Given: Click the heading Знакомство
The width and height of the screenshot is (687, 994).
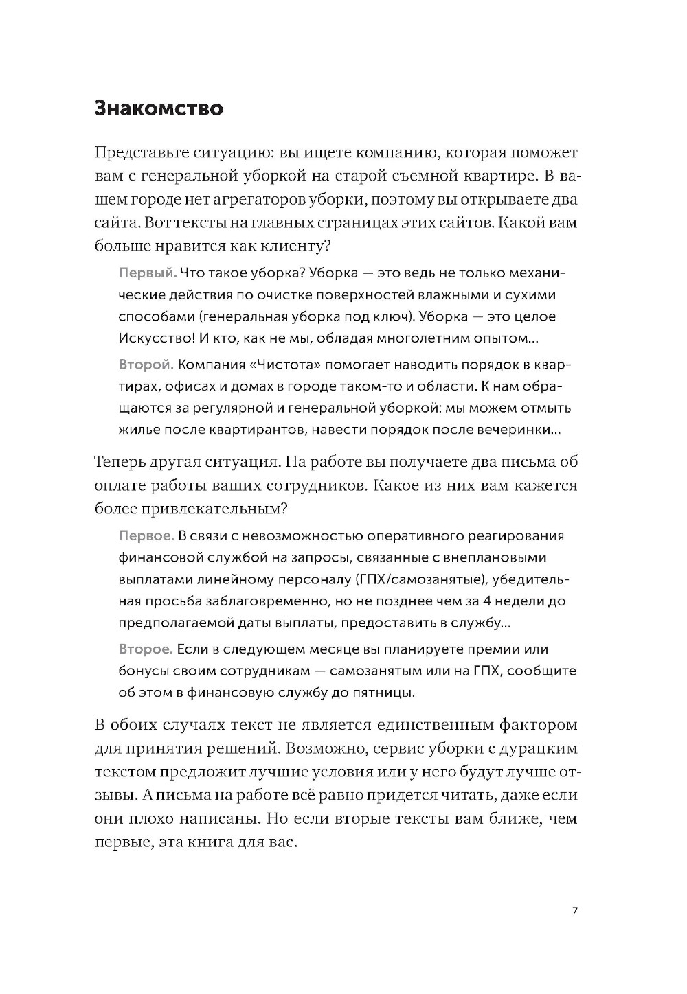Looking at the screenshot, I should pos(159,108).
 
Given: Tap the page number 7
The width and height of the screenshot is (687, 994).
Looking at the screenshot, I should pos(575,911).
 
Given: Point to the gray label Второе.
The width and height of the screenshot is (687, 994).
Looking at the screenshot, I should pos(145,649).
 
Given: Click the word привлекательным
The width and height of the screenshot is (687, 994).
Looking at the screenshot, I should pos(211,509).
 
